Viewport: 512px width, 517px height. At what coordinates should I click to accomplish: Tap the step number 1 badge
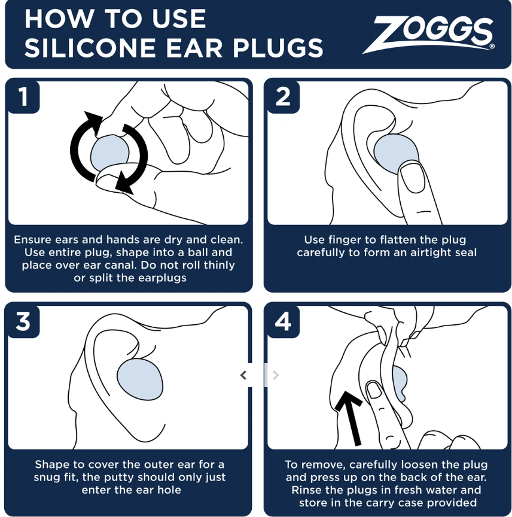pos(23,96)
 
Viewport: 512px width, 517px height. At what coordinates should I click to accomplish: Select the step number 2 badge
pos(283,96)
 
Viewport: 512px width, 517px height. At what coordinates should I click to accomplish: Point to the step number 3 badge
pos(23,321)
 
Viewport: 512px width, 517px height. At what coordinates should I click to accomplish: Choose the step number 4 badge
pos(283,321)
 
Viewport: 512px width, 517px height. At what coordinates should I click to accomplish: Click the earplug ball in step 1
pos(109,153)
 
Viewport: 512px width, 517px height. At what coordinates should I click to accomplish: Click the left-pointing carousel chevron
pos(243,375)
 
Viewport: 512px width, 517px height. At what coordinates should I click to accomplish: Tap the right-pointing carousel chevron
pos(275,375)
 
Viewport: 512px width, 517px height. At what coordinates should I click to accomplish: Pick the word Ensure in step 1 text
pos(32,239)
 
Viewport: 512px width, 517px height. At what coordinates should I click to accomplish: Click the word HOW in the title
pos(49,19)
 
